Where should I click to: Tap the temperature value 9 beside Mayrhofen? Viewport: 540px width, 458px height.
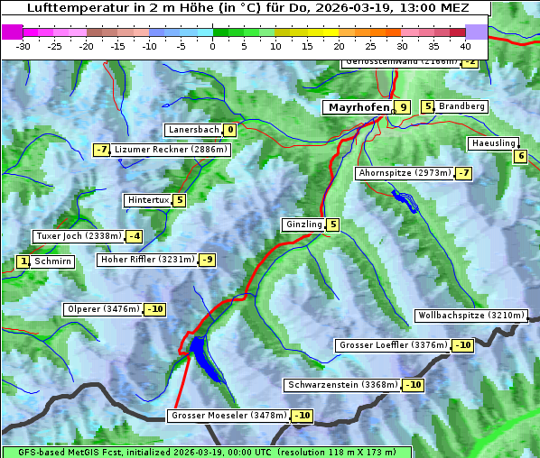(x=403, y=107)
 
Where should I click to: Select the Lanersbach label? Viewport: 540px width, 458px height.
(x=194, y=130)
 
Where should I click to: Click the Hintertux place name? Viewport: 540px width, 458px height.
(x=149, y=200)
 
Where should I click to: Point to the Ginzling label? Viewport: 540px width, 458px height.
(x=303, y=224)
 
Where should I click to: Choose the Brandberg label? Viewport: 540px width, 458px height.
(x=461, y=106)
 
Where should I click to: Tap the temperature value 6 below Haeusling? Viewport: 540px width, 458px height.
(x=519, y=156)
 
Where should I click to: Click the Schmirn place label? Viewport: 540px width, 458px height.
(x=53, y=261)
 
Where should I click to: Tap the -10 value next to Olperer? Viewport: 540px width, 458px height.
(x=154, y=309)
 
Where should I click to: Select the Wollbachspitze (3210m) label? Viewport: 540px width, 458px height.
(x=470, y=316)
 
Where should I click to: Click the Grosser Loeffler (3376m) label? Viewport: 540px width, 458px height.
(x=393, y=345)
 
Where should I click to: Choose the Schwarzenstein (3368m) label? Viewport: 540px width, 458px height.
(x=342, y=385)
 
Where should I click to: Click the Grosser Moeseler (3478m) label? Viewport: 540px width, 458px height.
(x=228, y=416)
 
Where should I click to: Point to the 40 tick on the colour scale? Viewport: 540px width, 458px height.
(x=465, y=46)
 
